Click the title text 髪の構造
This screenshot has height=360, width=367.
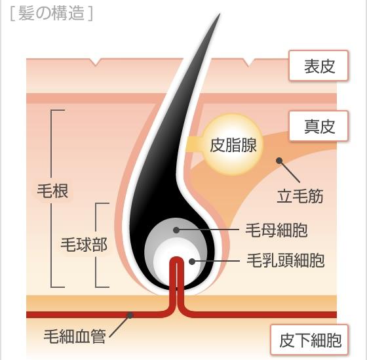[x=51, y=13]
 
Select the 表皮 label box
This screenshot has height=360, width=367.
[x=319, y=66]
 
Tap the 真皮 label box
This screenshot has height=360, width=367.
[x=319, y=126]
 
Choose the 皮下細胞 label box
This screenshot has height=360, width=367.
[x=309, y=340]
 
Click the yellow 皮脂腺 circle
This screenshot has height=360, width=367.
[x=233, y=144]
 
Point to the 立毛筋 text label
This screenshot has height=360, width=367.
[x=300, y=196]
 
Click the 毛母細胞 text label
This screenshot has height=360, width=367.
[x=276, y=230]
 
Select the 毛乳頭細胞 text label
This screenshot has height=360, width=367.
[x=286, y=260]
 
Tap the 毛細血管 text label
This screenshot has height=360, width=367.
[x=75, y=336]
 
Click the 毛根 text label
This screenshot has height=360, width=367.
[x=52, y=191]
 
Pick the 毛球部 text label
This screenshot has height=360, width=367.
[x=84, y=245]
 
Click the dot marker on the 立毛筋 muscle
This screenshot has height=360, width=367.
[x=279, y=161]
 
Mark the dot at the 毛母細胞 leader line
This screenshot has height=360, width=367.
[x=176, y=230]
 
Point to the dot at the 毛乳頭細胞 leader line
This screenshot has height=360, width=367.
[x=192, y=262]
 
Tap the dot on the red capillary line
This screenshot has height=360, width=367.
[x=130, y=315]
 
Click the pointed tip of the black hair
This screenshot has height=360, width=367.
[x=220, y=14]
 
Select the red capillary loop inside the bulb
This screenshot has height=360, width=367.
[x=177, y=274]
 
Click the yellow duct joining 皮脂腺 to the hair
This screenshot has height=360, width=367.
[x=195, y=144]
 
